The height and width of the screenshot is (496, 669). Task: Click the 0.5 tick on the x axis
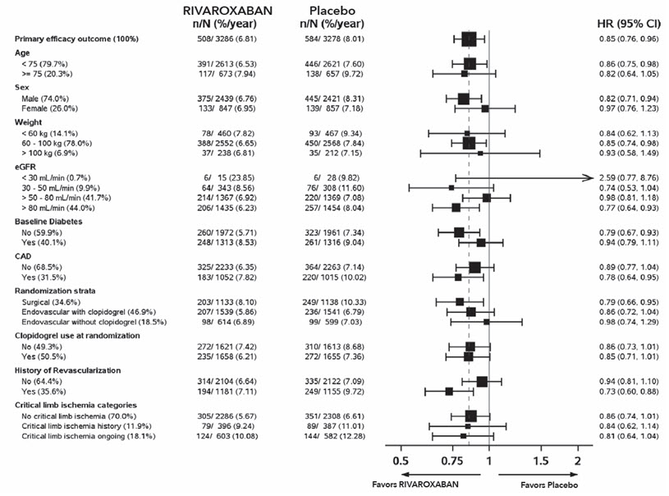[x=401, y=459]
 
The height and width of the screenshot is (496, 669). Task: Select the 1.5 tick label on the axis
[x=540, y=459]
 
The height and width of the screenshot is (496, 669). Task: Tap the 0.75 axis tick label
[x=452, y=459]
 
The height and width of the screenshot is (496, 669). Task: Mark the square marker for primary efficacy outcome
[x=469, y=39]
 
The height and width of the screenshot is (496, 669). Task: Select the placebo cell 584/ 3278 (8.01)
[x=338, y=39]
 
